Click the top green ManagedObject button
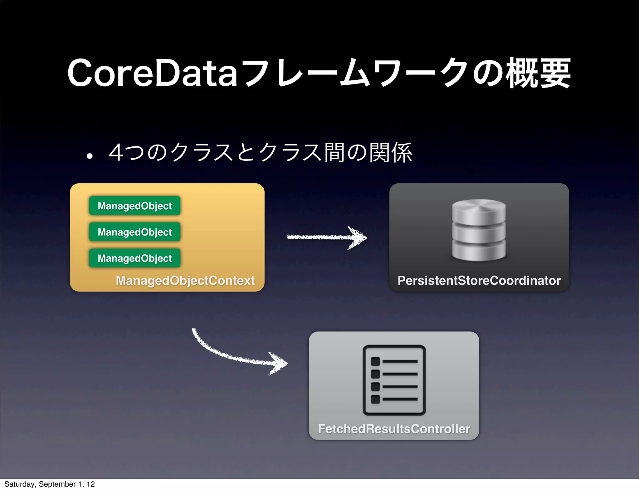click(134, 206)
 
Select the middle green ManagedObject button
click(134, 232)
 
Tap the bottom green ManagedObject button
click(134, 258)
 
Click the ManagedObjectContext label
click(185, 280)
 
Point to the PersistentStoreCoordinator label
click(479, 280)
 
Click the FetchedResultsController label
click(394, 429)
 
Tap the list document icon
click(394, 380)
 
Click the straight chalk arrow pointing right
click(326, 237)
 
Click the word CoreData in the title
click(152, 73)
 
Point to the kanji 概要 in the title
click(538, 73)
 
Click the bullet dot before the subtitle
click(90, 156)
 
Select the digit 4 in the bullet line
click(116, 153)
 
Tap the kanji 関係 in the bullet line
click(391, 153)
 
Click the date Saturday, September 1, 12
click(49, 484)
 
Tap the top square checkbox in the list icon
click(375, 361)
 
